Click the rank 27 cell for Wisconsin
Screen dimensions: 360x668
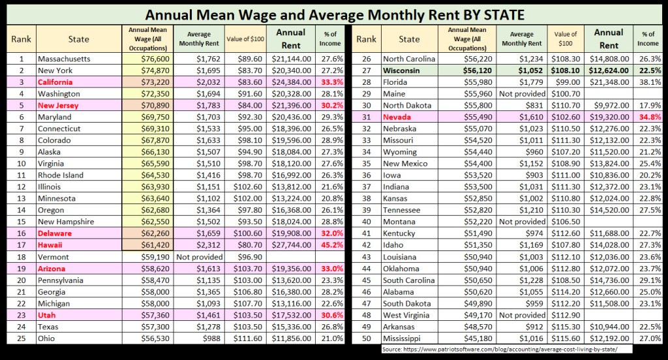coord(367,70)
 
